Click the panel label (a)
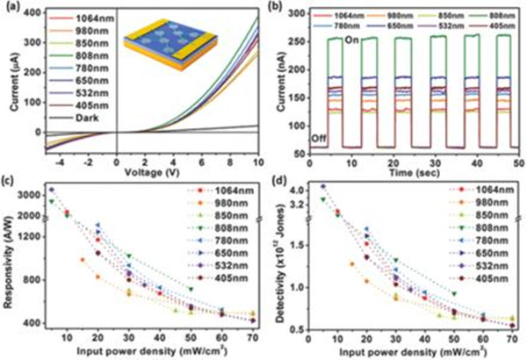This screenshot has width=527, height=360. click(12, 8)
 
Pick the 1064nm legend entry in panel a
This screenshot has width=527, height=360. click(79, 19)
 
